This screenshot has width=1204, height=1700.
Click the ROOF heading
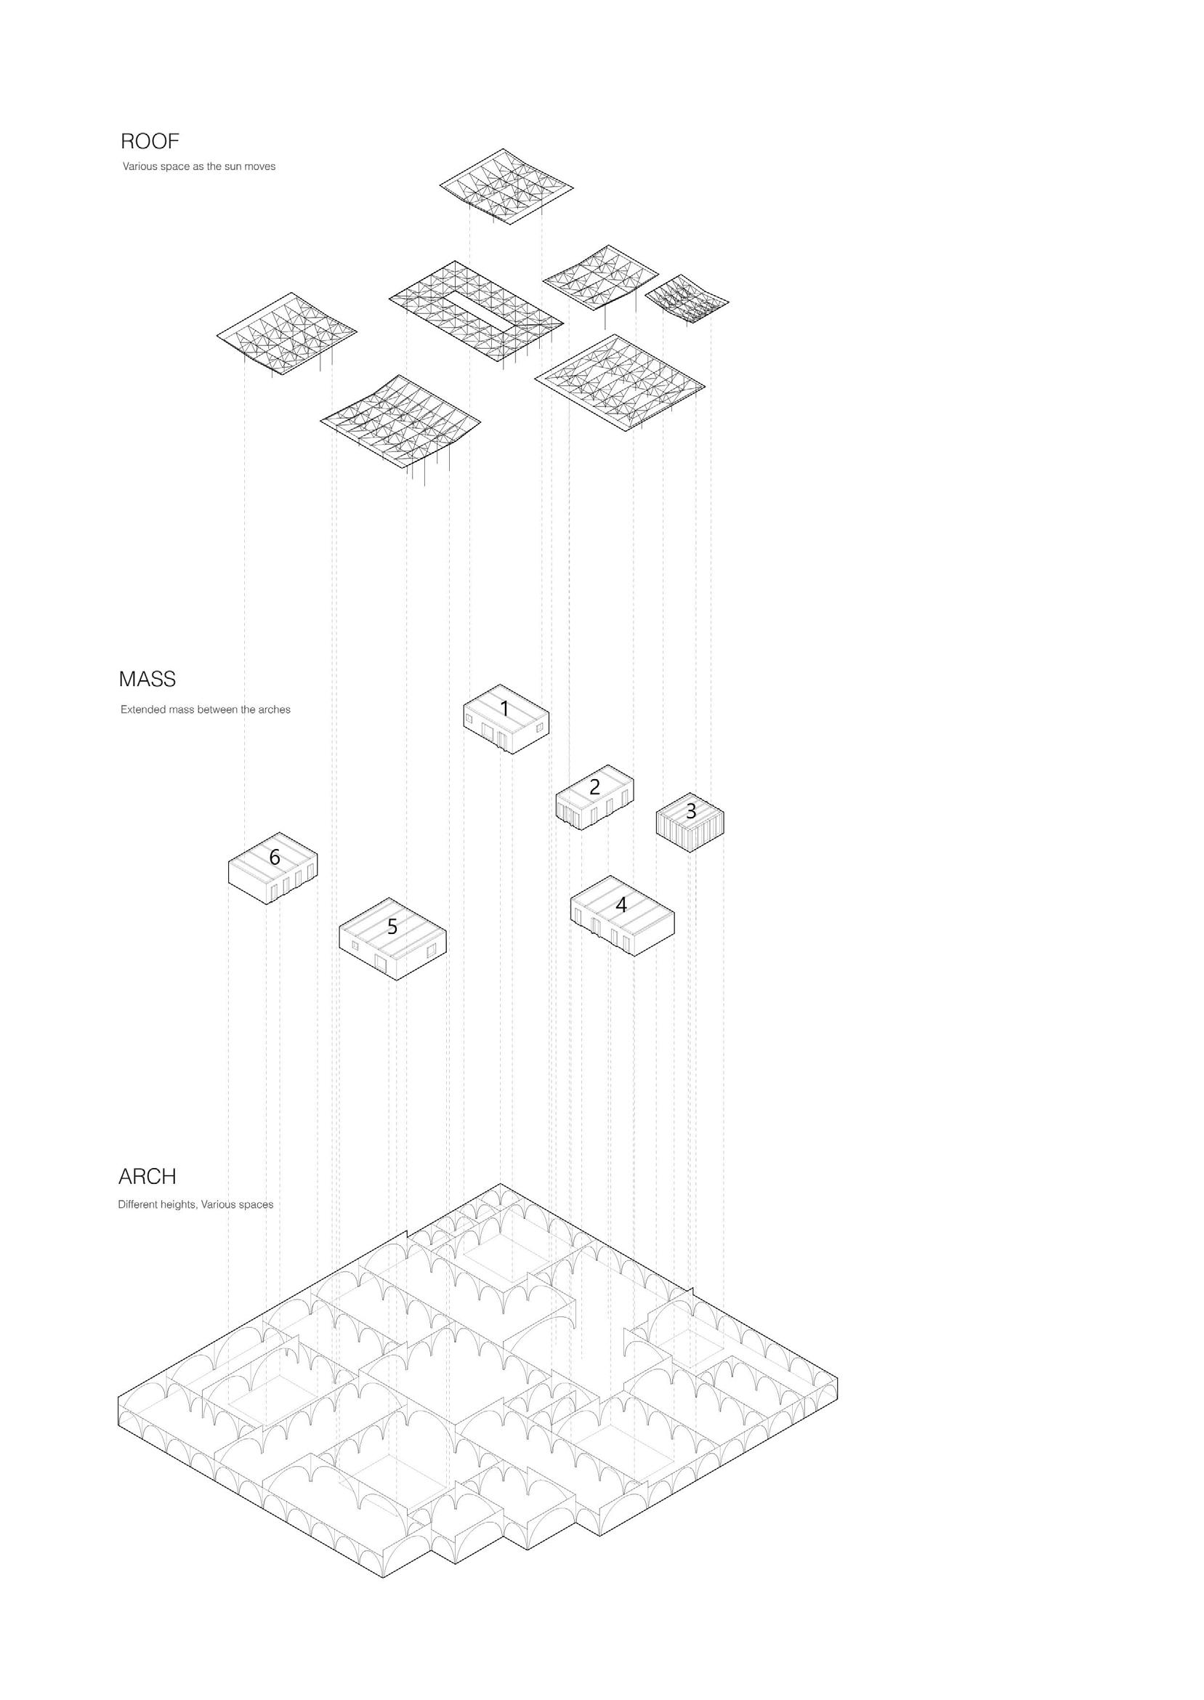(x=150, y=141)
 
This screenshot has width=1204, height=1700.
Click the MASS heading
(x=147, y=678)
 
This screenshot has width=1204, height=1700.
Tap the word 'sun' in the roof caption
(x=233, y=167)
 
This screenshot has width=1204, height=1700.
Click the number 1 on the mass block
(x=505, y=709)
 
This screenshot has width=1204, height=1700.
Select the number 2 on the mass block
(x=594, y=786)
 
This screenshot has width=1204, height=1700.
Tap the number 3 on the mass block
(x=691, y=811)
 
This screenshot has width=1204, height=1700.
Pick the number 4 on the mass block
(x=621, y=904)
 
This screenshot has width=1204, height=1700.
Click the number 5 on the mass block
(x=392, y=927)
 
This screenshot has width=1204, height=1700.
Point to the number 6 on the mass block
(x=275, y=858)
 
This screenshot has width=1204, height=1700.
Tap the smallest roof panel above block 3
(x=686, y=298)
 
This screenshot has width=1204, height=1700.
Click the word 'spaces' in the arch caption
(x=257, y=1205)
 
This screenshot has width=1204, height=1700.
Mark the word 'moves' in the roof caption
(x=259, y=167)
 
